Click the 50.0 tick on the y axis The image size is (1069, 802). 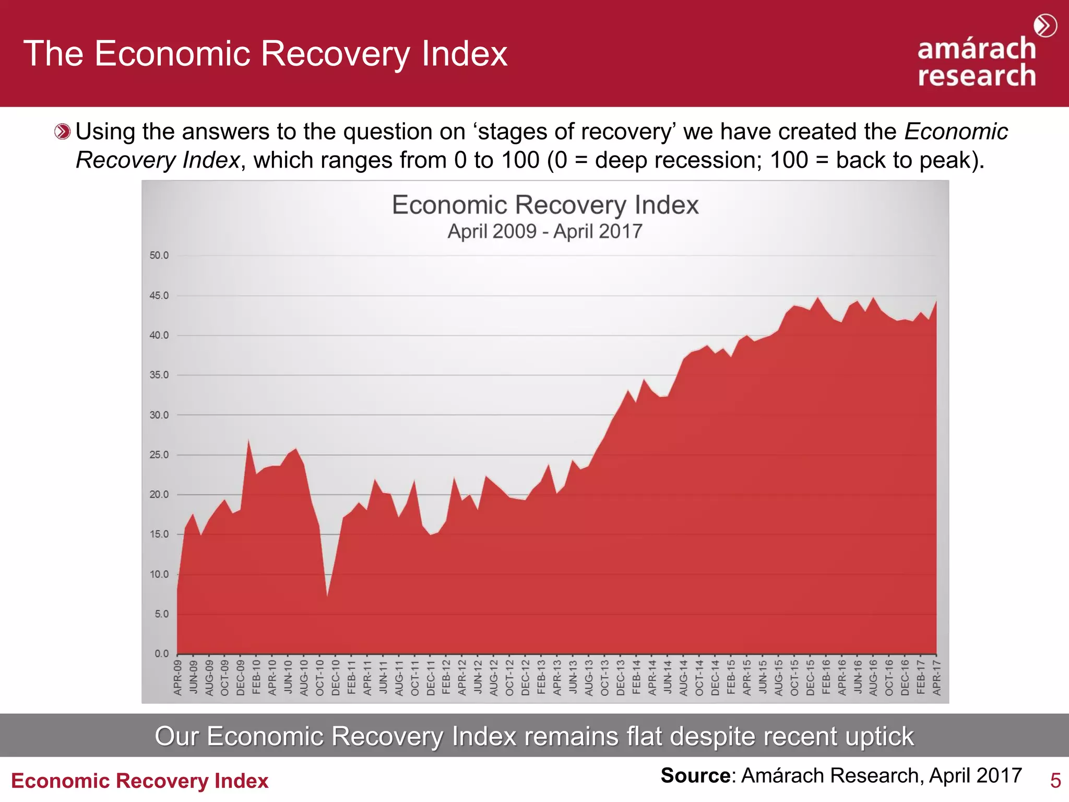pos(159,255)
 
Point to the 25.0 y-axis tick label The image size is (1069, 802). pos(159,455)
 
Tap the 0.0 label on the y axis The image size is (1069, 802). pos(161,654)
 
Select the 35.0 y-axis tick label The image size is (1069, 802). pos(159,375)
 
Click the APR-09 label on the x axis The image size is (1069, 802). pos(177,678)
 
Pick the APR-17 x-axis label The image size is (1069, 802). pos(937,678)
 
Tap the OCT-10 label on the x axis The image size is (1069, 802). pos(320,678)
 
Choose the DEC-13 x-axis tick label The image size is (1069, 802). pos(621,678)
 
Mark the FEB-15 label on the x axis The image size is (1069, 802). pos(731,678)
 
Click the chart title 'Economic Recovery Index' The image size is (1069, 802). pos(545,205)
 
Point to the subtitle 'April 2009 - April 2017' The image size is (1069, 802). pos(545,231)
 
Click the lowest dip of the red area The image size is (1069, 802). pos(327,595)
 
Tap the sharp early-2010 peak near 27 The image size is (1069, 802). pos(248,441)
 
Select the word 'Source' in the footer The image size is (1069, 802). pos(695,776)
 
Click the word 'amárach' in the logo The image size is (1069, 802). pos(977,49)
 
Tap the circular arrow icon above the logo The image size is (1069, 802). pos(1045,26)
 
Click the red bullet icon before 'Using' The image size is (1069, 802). pos(62,132)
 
